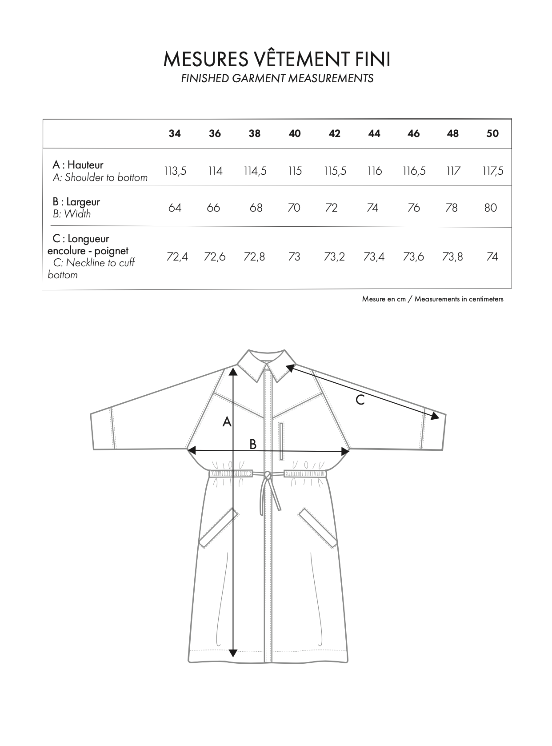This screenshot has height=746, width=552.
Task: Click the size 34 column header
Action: point(175,133)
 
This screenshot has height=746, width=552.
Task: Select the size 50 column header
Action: point(492,133)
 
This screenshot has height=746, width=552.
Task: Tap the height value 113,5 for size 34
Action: point(175,171)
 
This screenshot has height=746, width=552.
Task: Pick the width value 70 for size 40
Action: point(294,208)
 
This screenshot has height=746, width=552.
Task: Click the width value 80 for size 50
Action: point(491,208)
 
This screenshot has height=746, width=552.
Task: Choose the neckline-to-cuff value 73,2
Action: point(334,257)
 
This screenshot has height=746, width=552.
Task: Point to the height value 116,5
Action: point(414,171)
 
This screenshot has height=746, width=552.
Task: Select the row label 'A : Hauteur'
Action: point(78,165)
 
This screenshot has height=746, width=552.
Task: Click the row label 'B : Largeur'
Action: point(76,202)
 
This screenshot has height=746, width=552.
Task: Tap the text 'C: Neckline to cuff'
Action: point(94,263)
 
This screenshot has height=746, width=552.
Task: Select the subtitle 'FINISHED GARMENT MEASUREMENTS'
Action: point(277,79)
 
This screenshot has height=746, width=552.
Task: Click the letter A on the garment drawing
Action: point(227,421)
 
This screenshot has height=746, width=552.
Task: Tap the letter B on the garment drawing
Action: point(253,444)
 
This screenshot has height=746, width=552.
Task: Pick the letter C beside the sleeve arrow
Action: point(360,400)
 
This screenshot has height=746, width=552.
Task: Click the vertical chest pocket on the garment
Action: point(281,441)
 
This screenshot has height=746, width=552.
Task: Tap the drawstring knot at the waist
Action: point(268,476)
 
